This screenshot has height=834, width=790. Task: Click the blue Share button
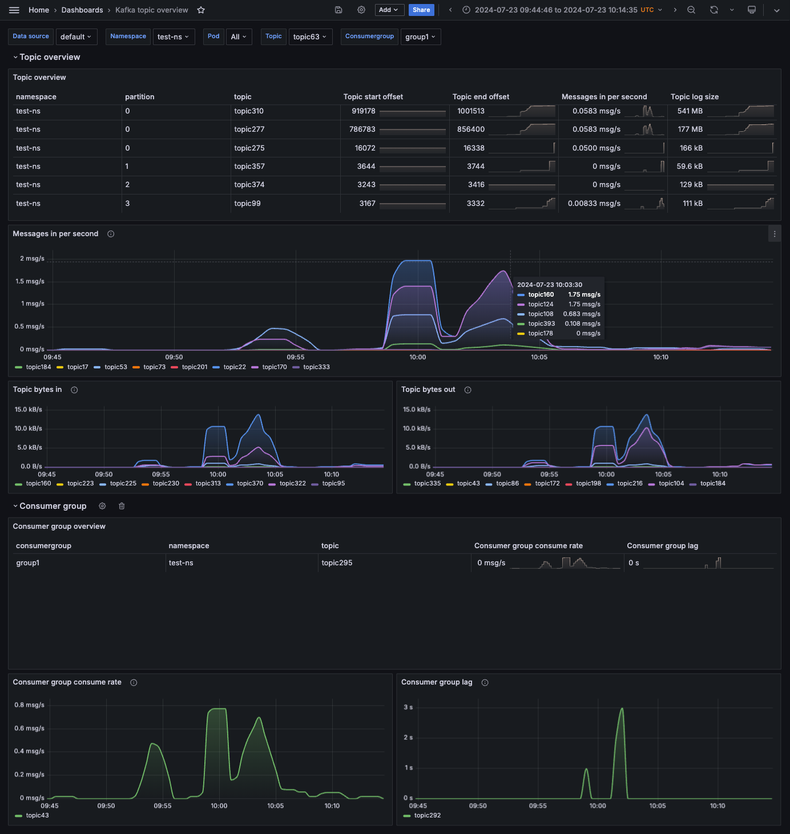point(421,10)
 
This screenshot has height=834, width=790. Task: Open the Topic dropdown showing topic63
point(310,37)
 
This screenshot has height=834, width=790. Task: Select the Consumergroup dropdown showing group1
point(420,37)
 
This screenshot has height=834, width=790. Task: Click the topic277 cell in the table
point(249,129)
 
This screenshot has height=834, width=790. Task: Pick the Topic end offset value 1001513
point(470,111)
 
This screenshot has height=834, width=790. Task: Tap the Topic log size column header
point(694,97)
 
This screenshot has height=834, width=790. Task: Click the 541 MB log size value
point(690,111)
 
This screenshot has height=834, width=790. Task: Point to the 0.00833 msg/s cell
point(594,204)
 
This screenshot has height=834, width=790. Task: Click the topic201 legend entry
point(194,367)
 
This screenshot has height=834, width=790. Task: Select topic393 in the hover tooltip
point(541,323)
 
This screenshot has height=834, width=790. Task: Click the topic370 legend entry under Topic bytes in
point(250,483)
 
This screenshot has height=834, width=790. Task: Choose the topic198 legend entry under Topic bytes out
point(588,483)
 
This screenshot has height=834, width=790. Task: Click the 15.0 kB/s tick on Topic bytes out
point(416,410)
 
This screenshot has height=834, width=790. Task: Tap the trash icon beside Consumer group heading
point(122,506)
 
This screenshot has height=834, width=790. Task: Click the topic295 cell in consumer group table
point(337,563)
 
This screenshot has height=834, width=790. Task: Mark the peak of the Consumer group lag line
point(622,709)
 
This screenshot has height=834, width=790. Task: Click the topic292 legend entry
point(427,815)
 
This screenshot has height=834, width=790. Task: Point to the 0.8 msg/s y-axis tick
point(29,705)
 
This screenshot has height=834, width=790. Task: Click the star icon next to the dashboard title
point(201,10)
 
